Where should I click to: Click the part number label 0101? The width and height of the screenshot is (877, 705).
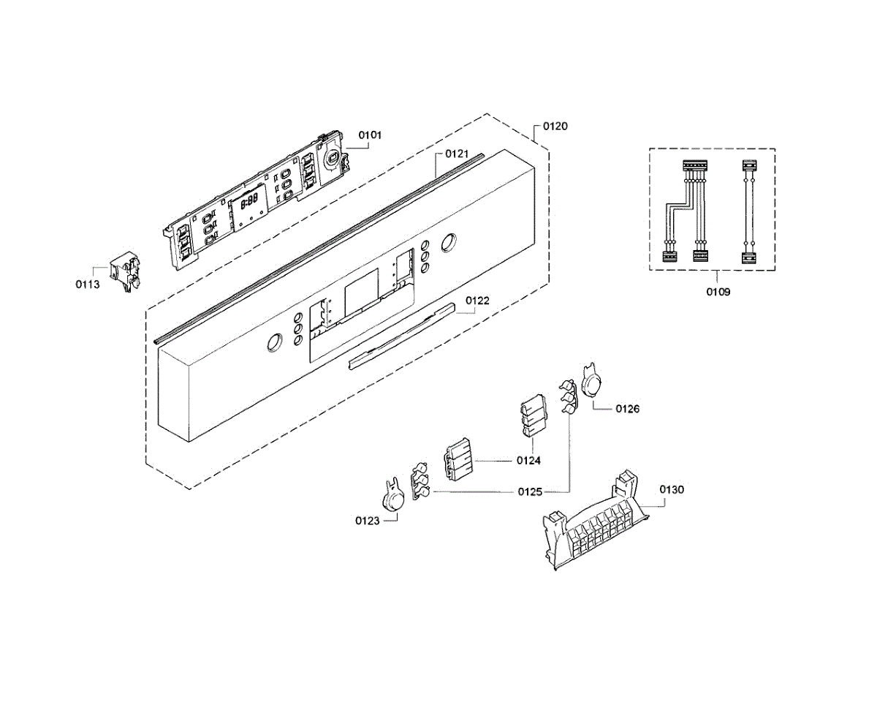(x=370, y=135)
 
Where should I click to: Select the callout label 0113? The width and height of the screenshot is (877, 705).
(x=87, y=284)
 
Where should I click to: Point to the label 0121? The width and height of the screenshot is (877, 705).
(x=457, y=154)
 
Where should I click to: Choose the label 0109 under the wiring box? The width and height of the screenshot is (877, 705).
(x=718, y=291)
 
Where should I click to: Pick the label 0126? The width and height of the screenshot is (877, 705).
(x=627, y=409)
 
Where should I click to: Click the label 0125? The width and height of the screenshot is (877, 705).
(x=530, y=492)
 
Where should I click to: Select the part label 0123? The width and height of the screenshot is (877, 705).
(x=368, y=521)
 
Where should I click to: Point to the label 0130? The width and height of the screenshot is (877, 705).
(x=672, y=489)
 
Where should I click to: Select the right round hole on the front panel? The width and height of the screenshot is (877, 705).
(x=448, y=242)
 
